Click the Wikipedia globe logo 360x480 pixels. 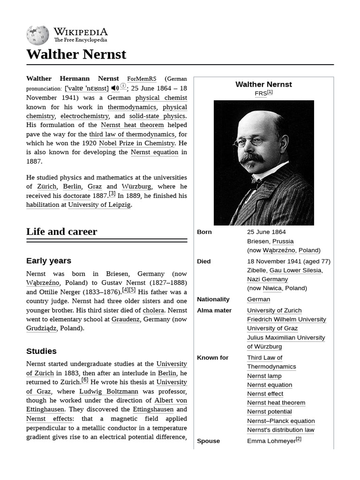click(x=38, y=35)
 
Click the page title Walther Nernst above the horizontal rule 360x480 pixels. click(x=76, y=54)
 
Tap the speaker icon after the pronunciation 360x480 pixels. click(x=115, y=88)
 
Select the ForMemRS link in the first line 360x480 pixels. click(x=142, y=79)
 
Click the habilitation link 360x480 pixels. click(x=43, y=205)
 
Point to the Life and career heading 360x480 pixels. click(x=61, y=232)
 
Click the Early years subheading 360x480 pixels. click(x=49, y=261)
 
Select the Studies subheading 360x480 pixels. click(x=41, y=351)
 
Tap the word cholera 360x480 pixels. click(x=153, y=310)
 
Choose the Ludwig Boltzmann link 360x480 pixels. click(x=109, y=391)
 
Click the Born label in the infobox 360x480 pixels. click(x=204, y=232)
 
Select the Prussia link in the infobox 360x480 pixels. click(x=283, y=241)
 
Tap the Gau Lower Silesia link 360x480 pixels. click(x=295, y=270)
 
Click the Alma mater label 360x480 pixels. click(x=214, y=310)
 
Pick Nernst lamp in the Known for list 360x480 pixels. click(x=264, y=376)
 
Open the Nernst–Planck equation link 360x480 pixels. click(x=281, y=421)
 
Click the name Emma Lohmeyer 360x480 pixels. click(x=271, y=441)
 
